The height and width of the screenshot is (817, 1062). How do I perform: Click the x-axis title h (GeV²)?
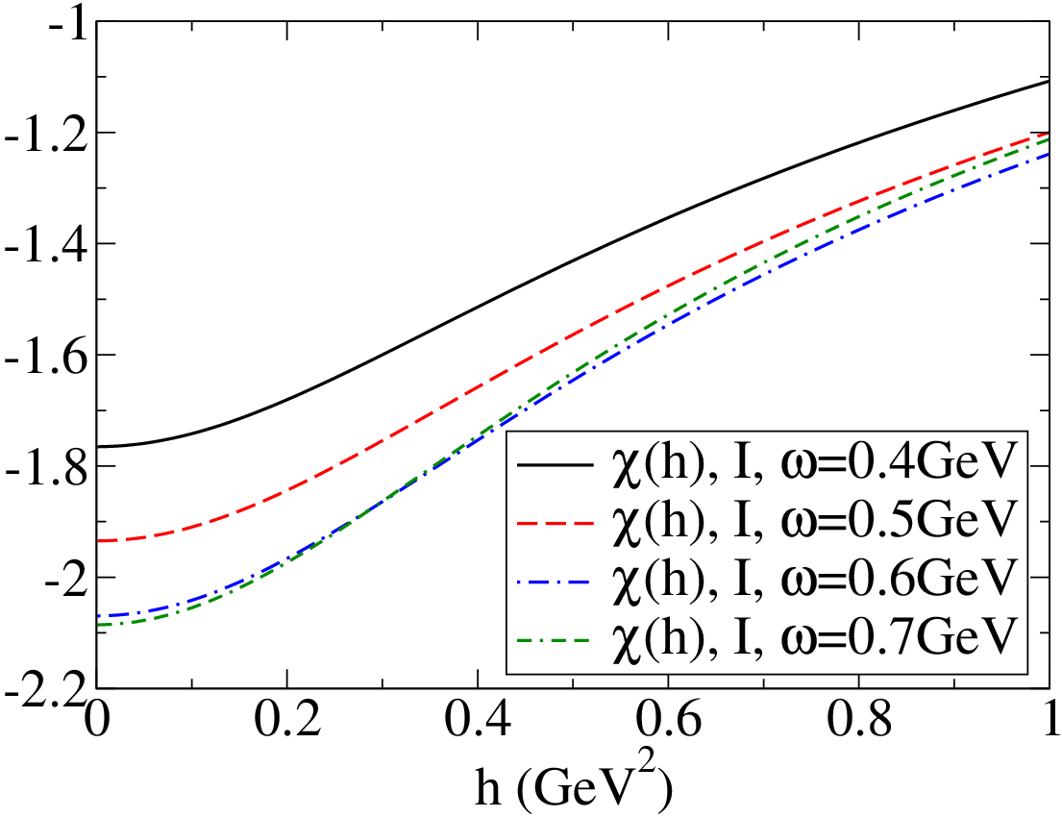pyautogui.click(x=573, y=788)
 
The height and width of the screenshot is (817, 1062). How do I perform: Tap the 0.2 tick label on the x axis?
pyautogui.click(x=287, y=720)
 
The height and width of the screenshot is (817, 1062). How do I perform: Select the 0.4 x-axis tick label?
pyautogui.click(x=479, y=720)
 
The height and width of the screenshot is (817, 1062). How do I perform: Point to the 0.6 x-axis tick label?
pyautogui.click(x=669, y=720)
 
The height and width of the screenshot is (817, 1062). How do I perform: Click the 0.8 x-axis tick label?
pyautogui.click(x=859, y=720)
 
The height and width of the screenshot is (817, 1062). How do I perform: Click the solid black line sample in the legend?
pyautogui.click(x=555, y=465)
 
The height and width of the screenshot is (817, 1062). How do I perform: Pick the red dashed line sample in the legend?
pyautogui.click(x=555, y=522)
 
